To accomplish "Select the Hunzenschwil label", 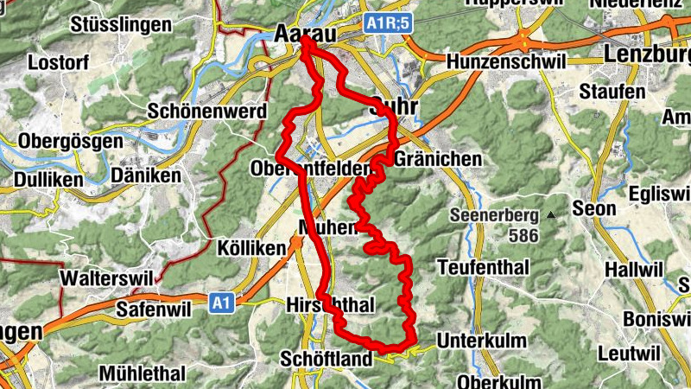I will [x=506, y=62].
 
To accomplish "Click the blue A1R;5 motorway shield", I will [x=385, y=23].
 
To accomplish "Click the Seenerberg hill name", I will [x=495, y=214].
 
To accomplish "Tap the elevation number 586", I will [x=523, y=235].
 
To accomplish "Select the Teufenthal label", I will [x=484, y=267].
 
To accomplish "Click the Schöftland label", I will [x=327, y=359].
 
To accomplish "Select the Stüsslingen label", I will [x=121, y=24].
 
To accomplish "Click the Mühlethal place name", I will [x=143, y=374].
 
